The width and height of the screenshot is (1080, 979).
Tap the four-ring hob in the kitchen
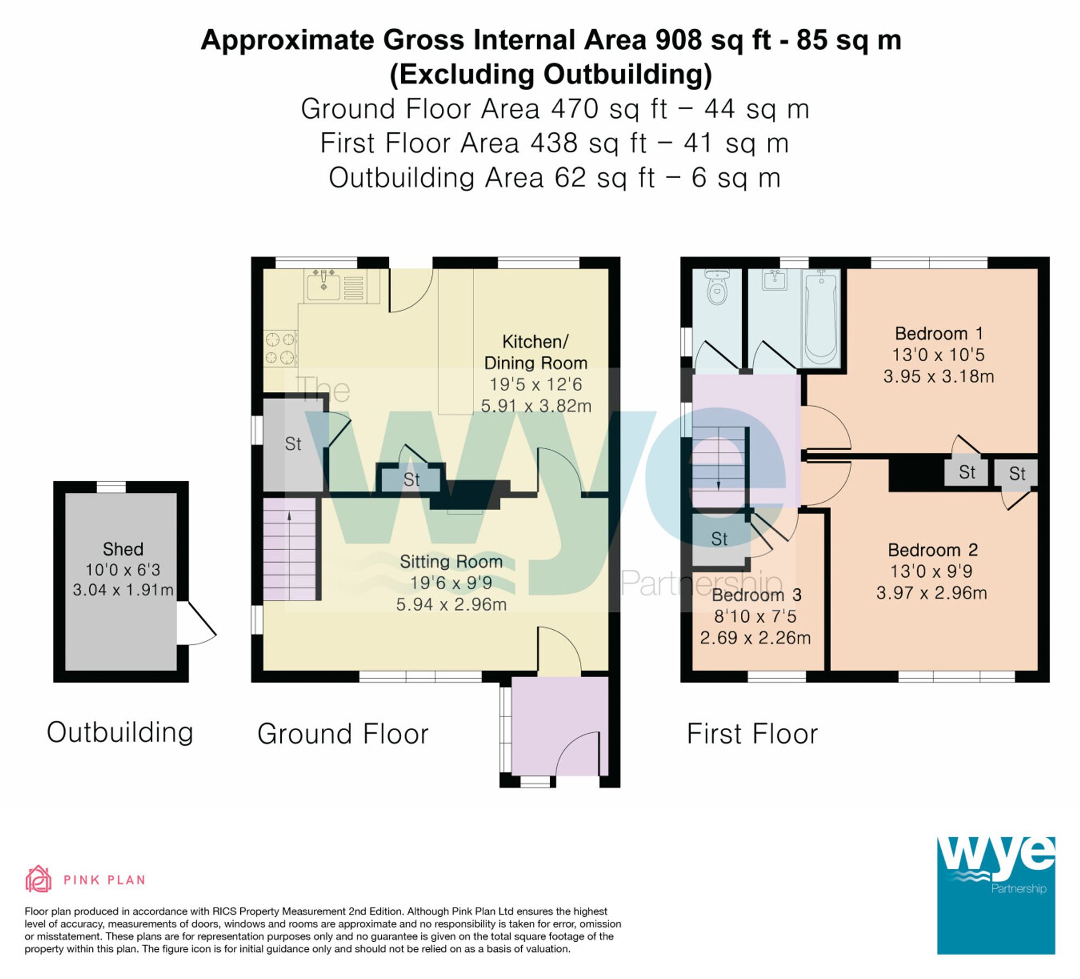pyautogui.click(x=280, y=348)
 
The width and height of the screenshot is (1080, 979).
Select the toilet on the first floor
pyautogui.click(x=717, y=289)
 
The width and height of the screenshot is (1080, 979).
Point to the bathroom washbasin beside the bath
pyautogui.click(x=774, y=281)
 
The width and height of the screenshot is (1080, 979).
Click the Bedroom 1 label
pyautogui.click(x=939, y=333)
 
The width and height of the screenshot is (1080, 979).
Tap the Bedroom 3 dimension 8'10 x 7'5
pyautogui.click(x=755, y=616)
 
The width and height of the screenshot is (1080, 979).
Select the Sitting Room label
pyautogui.click(x=451, y=562)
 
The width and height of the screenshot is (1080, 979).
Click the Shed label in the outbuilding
pyautogui.click(x=123, y=549)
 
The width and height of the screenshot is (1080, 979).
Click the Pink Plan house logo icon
pyautogui.click(x=38, y=880)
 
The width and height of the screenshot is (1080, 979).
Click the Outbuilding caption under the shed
pyautogui.click(x=120, y=733)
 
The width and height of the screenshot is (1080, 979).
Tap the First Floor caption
pyautogui.click(x=752, y=734)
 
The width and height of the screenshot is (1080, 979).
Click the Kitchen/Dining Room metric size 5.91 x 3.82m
pyautogui.click(x=536, y=406)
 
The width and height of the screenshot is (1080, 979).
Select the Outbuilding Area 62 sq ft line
pyautogui.click(x=554, y=178)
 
